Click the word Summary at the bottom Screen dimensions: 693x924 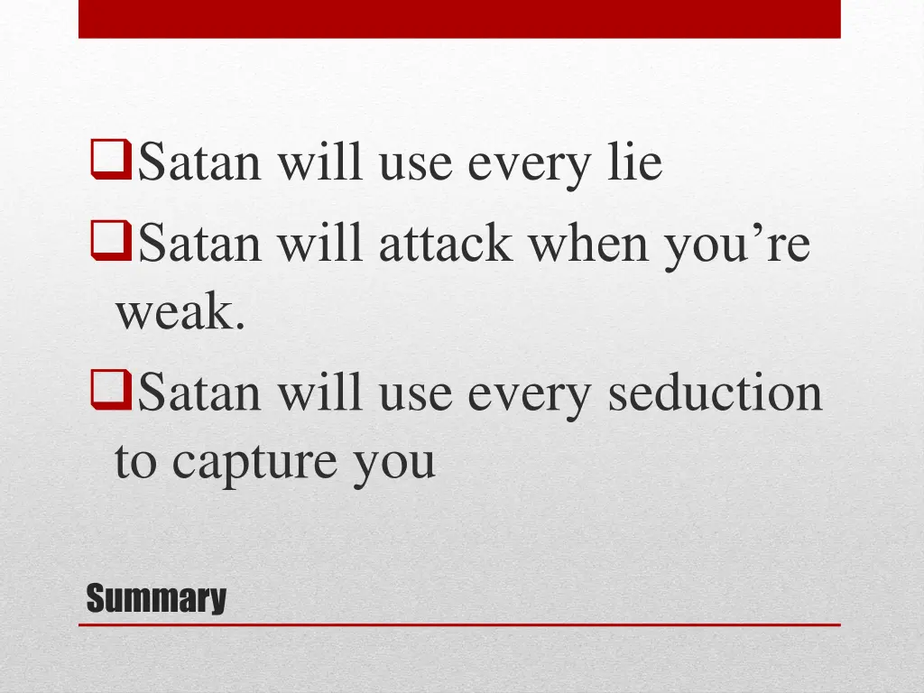155,599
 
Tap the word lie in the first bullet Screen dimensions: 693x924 632,163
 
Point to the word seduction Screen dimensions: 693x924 715,393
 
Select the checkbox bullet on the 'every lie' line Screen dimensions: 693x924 111,162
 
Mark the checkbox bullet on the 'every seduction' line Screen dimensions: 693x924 111,393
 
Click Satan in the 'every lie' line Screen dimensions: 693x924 202,163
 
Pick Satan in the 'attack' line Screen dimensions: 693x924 202,245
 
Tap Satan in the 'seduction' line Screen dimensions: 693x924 202,393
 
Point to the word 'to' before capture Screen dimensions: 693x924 135,461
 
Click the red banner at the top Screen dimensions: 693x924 459,18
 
